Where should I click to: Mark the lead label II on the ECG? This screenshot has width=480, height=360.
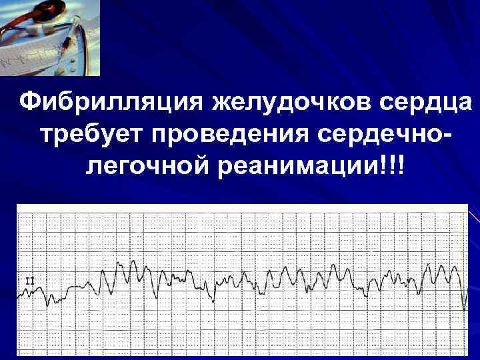click(29, 281)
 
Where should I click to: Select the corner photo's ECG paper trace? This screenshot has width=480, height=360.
click(20, 59)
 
